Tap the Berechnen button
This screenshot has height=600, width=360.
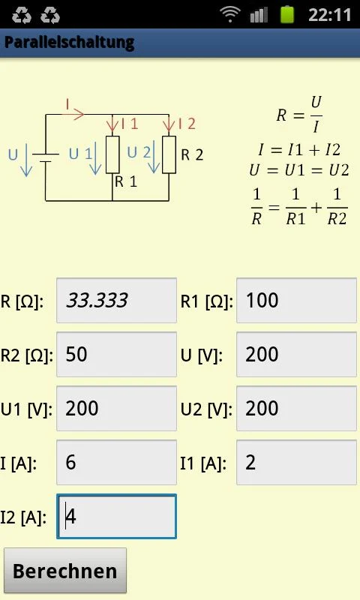tap(65, 570)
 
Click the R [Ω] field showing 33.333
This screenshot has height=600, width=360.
tap(117, 301)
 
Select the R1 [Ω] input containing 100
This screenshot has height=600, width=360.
tap(296, 301)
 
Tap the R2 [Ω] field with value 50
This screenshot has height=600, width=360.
tap(117, 354)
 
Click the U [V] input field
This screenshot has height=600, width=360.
tap(296, 354)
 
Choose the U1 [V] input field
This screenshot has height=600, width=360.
tap(117, 408)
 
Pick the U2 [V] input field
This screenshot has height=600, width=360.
tap(296, 408)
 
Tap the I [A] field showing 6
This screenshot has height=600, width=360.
tap(117, 462)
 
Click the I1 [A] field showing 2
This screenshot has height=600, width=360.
tap(296, 462)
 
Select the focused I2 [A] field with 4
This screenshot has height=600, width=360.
tap(117, 516)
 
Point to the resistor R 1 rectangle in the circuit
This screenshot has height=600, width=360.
tap(112, 154)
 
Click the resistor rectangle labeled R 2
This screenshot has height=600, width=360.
tap(169, 154)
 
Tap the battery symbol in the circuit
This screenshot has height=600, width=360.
tap(46, 157)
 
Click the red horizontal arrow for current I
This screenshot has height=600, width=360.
tap(73, 114)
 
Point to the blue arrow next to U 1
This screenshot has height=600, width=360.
tap(95, 158)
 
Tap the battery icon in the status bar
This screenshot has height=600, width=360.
tap(287, 14)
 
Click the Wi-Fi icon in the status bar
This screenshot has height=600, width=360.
tap(230, 14)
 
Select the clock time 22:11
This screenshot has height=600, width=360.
tap(330, 15)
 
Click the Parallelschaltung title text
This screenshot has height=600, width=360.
tap(69, 42)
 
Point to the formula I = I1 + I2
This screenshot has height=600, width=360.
tap(299, 149)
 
